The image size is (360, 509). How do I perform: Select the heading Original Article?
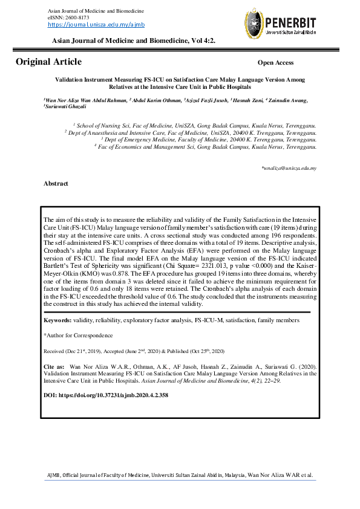[48, 62]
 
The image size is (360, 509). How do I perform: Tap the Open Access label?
[275, 63]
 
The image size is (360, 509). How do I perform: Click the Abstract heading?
[56, 183]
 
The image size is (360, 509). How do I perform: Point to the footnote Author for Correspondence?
[78, 335]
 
